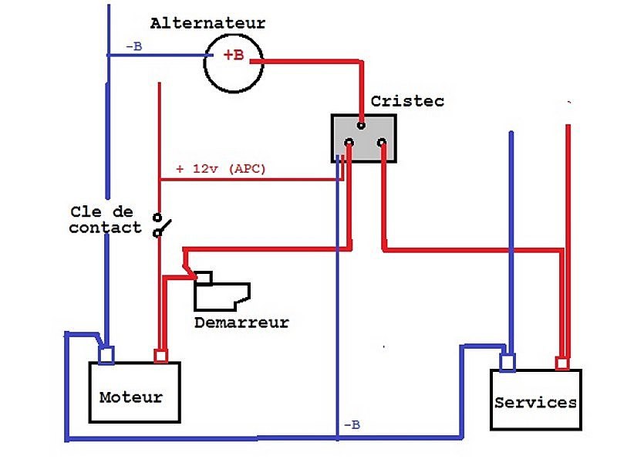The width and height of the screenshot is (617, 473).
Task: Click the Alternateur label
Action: pos(207,23)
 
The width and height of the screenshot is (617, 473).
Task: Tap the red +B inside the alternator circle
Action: pos(234,55)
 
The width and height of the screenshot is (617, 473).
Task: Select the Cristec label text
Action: pos(407,101)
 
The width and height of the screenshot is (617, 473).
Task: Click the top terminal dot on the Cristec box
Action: pos(361,126)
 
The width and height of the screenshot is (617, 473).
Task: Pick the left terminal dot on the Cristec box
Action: pos(349,143)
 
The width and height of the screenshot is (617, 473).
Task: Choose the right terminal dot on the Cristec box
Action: pos(381,143)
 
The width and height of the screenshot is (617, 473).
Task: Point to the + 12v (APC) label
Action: pos(221,169)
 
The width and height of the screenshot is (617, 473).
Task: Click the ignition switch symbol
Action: pos(161,225)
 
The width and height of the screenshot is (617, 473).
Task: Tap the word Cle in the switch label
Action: pos(86,212)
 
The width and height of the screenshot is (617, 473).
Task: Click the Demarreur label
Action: pos(241,323)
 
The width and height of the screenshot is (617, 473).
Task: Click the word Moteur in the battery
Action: pos(131,397)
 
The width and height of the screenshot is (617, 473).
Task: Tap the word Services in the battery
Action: pos(535,403)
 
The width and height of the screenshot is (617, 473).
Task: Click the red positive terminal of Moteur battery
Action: pos(160,356)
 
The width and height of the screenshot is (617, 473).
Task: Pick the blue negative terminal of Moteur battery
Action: pos(106,355)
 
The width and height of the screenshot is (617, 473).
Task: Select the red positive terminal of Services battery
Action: pos(562,363)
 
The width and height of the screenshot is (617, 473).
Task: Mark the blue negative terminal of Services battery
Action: pos(507,363)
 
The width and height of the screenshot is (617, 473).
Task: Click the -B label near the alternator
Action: pos(133,46)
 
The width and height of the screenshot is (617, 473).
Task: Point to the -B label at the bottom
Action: pos(352,425)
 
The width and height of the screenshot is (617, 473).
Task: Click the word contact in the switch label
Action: pos(105,228)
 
